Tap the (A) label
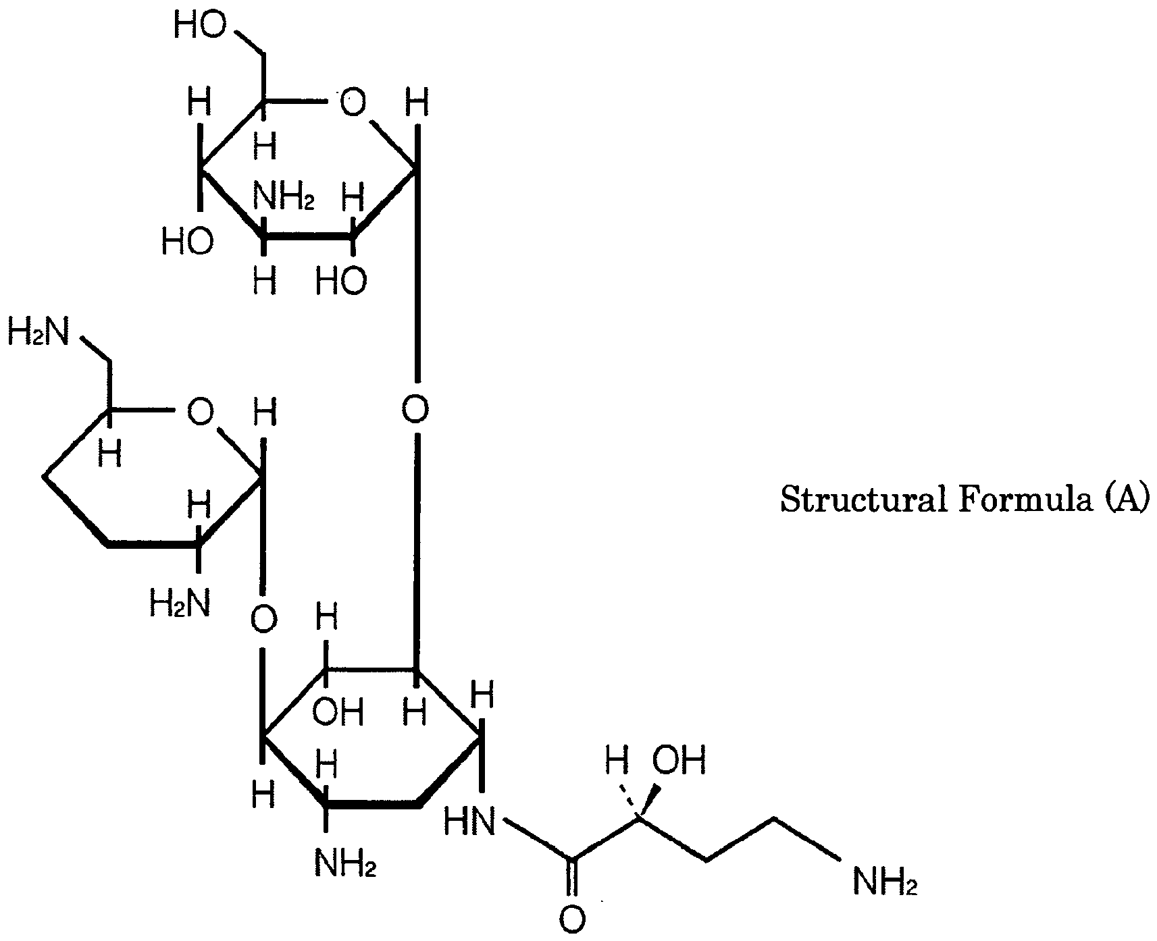coord(1126,501)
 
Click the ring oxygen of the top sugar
coord(352,103)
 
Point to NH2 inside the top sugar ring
coord(284,198)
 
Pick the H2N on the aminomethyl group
coord(38,334)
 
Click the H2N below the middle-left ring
coord(180,603)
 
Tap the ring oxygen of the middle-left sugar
coord(200,411)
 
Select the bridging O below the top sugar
coord(415,409)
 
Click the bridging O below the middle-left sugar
coord(263,619)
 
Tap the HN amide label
coord(470,822)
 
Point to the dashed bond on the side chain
coord(628,801)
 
